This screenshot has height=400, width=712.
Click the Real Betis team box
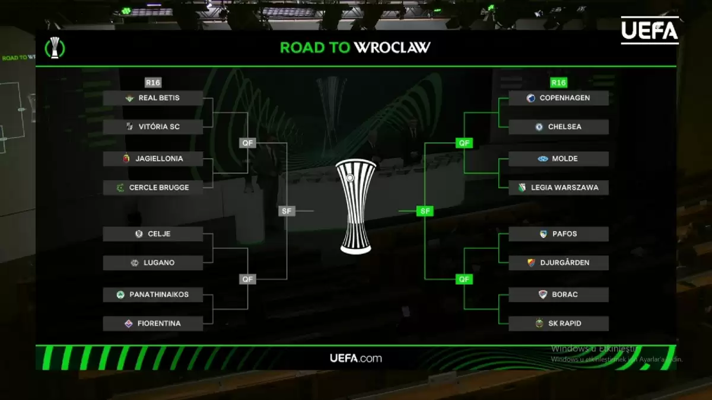(x=153, y=98)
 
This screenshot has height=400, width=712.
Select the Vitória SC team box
(x=153, y=127)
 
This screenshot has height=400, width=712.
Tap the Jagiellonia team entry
(x=153, y=159)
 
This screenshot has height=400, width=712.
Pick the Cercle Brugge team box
(x=153, y=188)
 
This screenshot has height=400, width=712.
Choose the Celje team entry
(x=153, y=234)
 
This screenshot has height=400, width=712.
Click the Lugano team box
(x=153, y=263)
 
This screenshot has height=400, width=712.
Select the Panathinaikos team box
(x=153, y=295)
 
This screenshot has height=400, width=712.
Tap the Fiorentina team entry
(x=153, y=324)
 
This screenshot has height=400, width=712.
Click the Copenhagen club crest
(x=531, y=98)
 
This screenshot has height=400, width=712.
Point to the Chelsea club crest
(x=539, y=127)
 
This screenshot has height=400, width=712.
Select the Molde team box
(x=558, y=159)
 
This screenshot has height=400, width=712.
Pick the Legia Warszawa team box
(x=558, y=188)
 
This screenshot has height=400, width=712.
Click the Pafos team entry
(x=558, y=234)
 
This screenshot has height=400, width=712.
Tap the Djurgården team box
(x=558, y=263)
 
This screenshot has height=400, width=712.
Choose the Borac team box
(x=558, y=295)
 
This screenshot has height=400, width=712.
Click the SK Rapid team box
(x=558, y=324)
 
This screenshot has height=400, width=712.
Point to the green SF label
(x=425, y=211)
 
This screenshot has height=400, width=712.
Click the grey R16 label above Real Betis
(x=153, y=83)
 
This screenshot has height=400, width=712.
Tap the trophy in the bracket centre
(x=355, y=206)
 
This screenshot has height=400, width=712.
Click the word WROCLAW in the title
(x=392, y=47)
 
